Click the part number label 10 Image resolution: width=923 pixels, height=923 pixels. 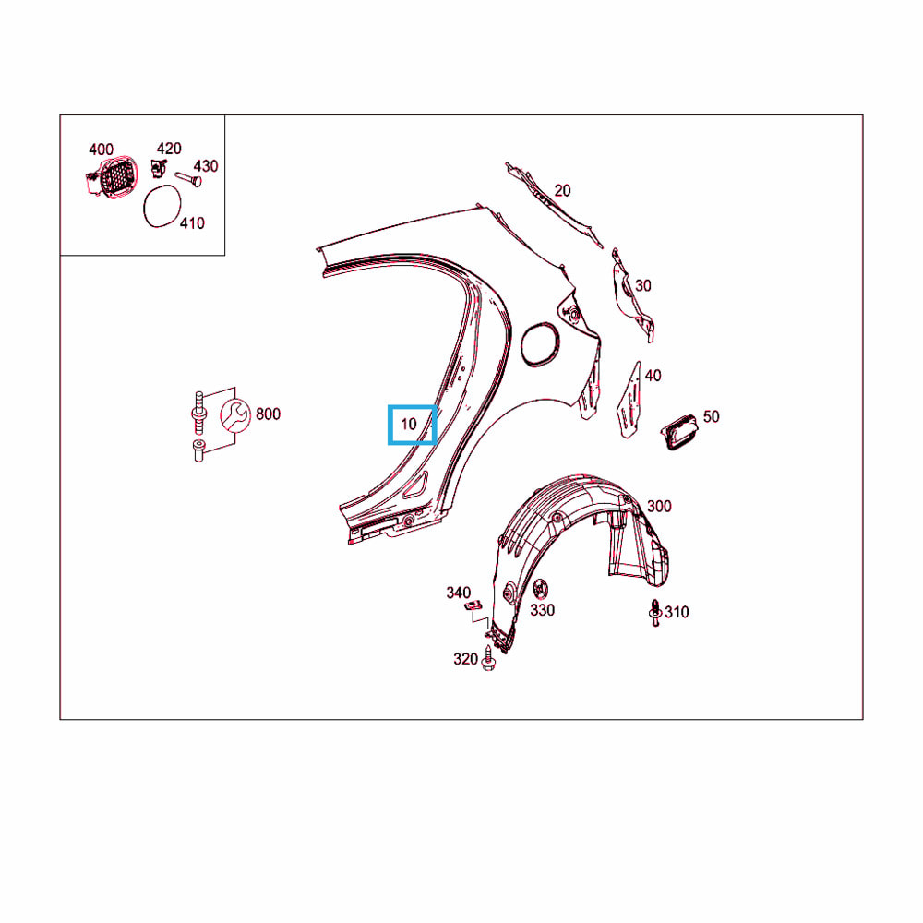pos(409,424)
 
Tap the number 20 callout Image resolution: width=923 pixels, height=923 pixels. pos(562,191)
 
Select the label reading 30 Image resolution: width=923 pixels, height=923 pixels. pos(642,285)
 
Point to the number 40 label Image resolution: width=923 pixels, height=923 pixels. pos(653,376)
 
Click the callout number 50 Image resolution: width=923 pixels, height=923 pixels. pos(711,417)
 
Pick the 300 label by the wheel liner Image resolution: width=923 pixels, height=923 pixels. pos(659,506)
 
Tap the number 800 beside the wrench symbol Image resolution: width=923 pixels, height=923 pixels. pos(268,414)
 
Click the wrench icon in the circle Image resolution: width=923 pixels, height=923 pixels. pos(235,415)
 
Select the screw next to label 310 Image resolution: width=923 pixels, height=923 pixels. pos(654,613)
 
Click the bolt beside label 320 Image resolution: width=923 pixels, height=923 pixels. pos(487,659)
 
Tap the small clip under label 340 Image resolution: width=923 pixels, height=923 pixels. pos(473,605)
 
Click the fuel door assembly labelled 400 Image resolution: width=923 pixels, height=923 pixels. pos(112,175)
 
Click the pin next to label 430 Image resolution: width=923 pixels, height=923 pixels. pos(188,177)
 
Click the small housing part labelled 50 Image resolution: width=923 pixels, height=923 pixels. pos(680,431)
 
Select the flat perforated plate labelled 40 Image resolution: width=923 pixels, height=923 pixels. pos(629,401)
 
